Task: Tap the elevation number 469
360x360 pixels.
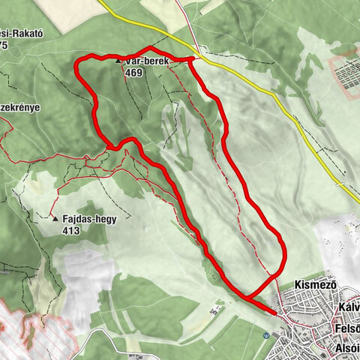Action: pos(135,73)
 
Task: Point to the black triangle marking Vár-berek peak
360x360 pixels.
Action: pos(118,61)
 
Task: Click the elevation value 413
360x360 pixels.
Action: pos(72,230)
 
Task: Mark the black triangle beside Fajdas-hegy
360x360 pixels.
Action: pos(55,219)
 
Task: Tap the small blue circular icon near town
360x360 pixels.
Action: pos(266,335)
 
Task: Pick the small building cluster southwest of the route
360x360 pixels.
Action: pos(216,308)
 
